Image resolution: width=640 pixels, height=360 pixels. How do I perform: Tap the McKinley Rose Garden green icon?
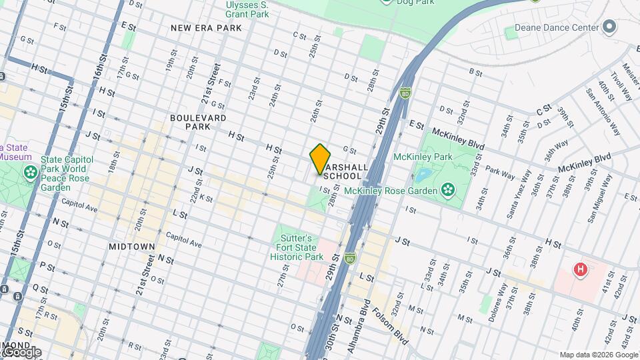tap(448, 191)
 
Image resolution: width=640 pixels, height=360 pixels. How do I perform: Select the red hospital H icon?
tap(581, 270)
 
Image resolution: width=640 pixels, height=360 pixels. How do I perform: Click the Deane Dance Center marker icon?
tap(609, 28)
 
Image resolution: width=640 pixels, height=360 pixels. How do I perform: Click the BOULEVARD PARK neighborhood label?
tap(189, 121)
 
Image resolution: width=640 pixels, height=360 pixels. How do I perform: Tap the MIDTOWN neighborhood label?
tap(132, 247)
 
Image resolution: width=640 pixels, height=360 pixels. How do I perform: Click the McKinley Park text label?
tap(423, 157)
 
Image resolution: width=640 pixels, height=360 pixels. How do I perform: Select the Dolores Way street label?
tap(497, 301)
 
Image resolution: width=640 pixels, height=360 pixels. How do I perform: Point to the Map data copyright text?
tap(597, 355)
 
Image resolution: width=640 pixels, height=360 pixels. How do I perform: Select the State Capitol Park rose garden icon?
tap(30, 173)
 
